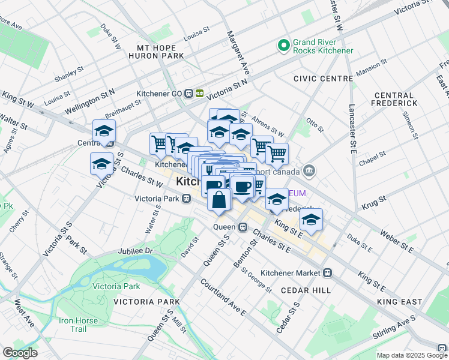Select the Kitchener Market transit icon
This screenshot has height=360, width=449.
[328, 272]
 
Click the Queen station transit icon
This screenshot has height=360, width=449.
[243, 227]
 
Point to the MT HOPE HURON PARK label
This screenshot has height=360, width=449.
[156, 52]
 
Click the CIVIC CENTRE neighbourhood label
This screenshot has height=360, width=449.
[323, 79]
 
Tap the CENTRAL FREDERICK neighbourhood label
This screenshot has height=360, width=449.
[394, 100]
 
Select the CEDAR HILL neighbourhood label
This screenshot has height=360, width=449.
[306, 290]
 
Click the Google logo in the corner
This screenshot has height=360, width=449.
[20, 353]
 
